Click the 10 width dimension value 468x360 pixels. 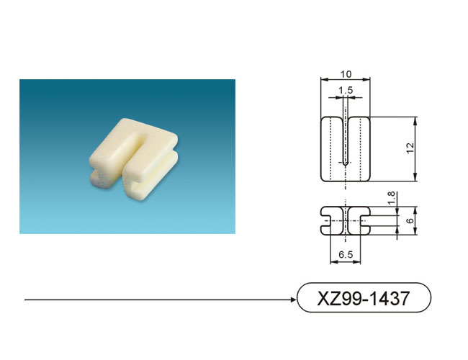click(346, 74)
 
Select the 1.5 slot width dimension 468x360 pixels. click(346, 90)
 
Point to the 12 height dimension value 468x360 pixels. click(410, 148)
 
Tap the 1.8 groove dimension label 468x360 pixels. click(391, 198)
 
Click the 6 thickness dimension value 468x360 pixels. click(410, 220)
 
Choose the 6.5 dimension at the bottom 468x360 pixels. click(346, 255)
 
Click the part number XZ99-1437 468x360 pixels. click(364, 298)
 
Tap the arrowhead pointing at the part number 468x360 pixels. click(294, 300)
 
